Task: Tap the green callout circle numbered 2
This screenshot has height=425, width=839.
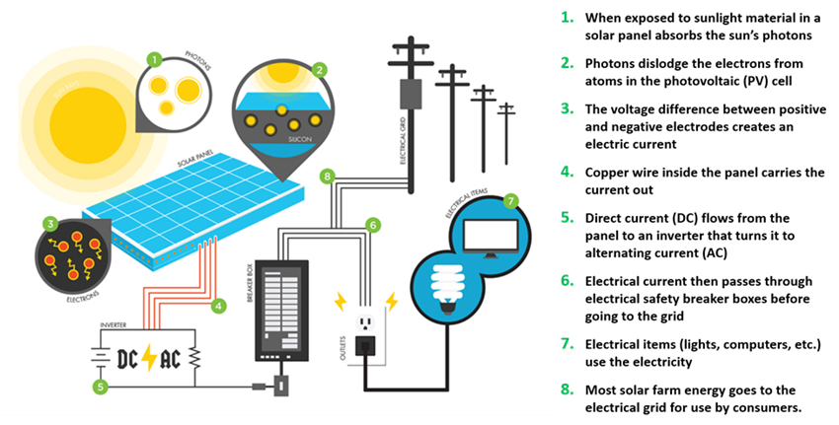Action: tap(319, 70)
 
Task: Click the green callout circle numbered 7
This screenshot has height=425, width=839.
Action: tap(510, 201)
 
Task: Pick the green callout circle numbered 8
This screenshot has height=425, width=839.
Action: tap(328, 176)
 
